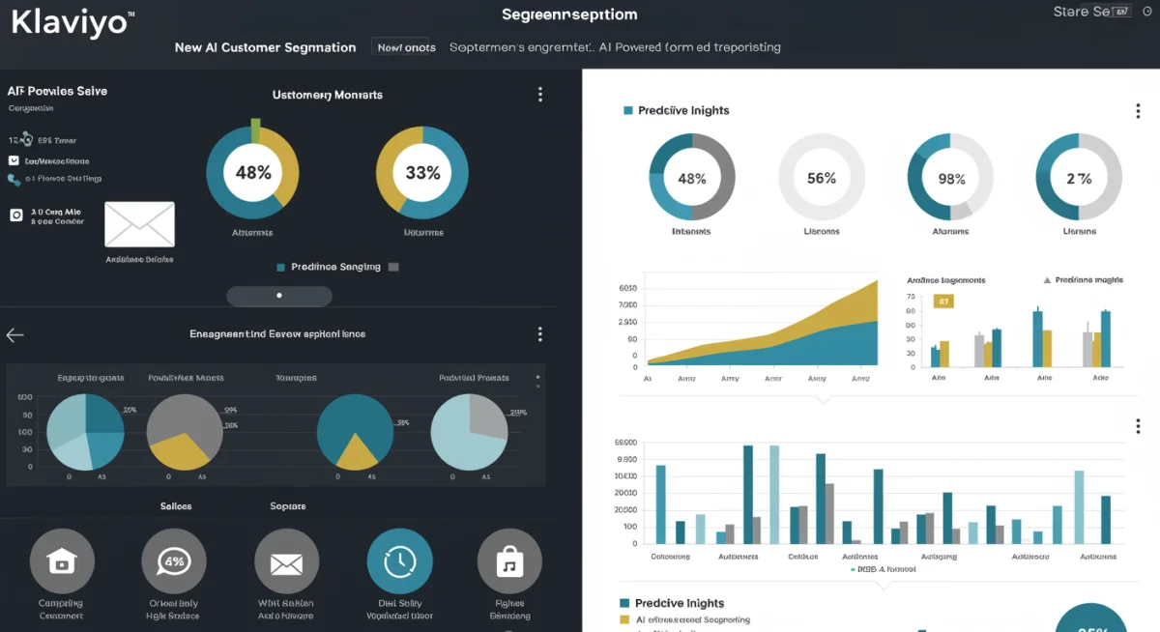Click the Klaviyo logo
pos(70,22)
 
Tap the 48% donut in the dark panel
pos(252,173)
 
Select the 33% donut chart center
pos(422,173)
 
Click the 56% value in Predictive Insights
pos(821,178)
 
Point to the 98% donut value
pos(950,179)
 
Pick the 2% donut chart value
pos(1079,179)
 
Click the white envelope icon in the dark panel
pos(139,224)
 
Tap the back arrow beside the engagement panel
pos(14,335)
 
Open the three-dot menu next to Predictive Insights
pos(1138,111)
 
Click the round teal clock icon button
pos(399,561)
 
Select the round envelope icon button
pos(286,561)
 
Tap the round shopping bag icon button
pos(509,561)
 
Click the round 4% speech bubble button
pos(174,561)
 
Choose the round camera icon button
pos(62,561)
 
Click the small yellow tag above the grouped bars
pos(943,301)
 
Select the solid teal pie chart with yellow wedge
pos(355,431)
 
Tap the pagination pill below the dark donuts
pos(279,295)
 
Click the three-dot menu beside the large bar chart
pos(1138,426)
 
